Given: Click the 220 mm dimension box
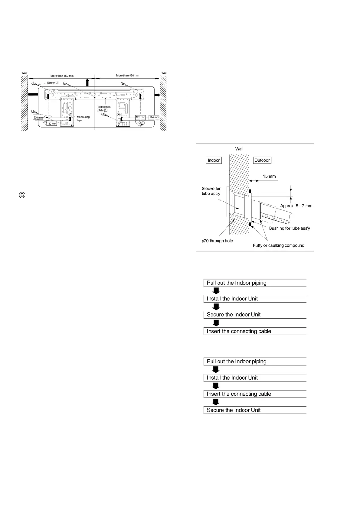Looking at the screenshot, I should [x=38, y=117].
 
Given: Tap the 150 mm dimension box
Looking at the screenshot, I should [x=52, y=124].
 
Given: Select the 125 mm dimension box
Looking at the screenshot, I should [x=140, y=117].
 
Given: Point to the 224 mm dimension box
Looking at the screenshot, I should [x=154, y=117].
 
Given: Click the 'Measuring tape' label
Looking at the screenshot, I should [x=83, y=118].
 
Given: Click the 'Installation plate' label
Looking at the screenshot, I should [x=104, y=109].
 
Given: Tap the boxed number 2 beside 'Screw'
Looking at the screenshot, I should [x=57, y=83].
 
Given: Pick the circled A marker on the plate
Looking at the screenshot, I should [x=119, y=115].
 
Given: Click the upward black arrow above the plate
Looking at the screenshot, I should [x=87, y=83].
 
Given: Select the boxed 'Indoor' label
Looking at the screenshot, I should [x=214, y=160].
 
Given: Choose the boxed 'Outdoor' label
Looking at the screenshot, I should [x=262, y=160].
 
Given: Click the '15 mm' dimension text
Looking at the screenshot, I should [x=269, y=176].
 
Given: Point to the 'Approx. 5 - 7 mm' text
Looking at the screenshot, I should [x=296, y=206].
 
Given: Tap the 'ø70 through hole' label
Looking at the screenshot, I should [x=217, y=241].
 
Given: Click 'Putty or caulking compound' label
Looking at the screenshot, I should [x=278, y=245].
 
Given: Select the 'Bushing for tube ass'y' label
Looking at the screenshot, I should [x=289, y=228].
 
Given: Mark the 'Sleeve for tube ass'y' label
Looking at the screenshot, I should [x=211, y=191].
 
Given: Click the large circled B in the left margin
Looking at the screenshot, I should [x=22, y=195].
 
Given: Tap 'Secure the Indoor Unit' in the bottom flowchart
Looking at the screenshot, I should [x=234, y=410].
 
